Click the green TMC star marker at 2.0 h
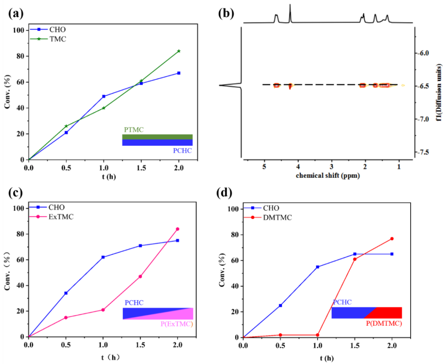point(179,51)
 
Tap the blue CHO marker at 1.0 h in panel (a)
point(104,96)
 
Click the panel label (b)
point(226,13)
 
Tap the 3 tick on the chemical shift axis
point(331,167)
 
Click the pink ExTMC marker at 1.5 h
point(140,276)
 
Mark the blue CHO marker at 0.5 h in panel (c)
point(66,293)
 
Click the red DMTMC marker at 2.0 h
point(392,239)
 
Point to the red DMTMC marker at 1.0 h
point(317,335)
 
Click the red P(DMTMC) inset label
point(383,324)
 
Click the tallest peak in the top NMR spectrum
point(290,6)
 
